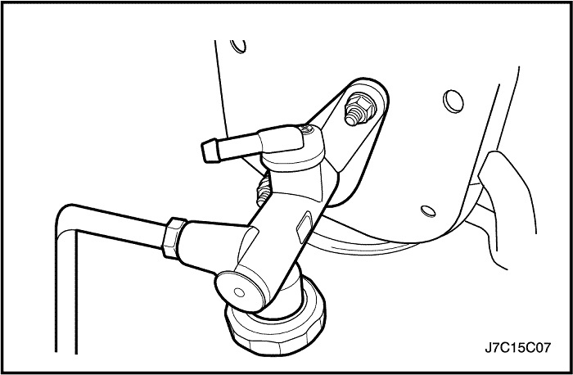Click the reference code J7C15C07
pos(517,348)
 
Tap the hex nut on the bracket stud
pos(359,104)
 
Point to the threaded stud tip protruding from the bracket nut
pos(351,120)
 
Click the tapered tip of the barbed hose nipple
pos(208,151)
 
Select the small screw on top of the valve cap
pos(306,129)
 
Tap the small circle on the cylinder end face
pos(239,292)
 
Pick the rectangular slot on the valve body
pos(304,228)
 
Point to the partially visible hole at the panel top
pos(239,46)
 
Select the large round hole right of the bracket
pos(453,101)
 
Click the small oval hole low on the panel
pos(428,211)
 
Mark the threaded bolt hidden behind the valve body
pos(263,190)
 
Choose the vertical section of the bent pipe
pos(65,292)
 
